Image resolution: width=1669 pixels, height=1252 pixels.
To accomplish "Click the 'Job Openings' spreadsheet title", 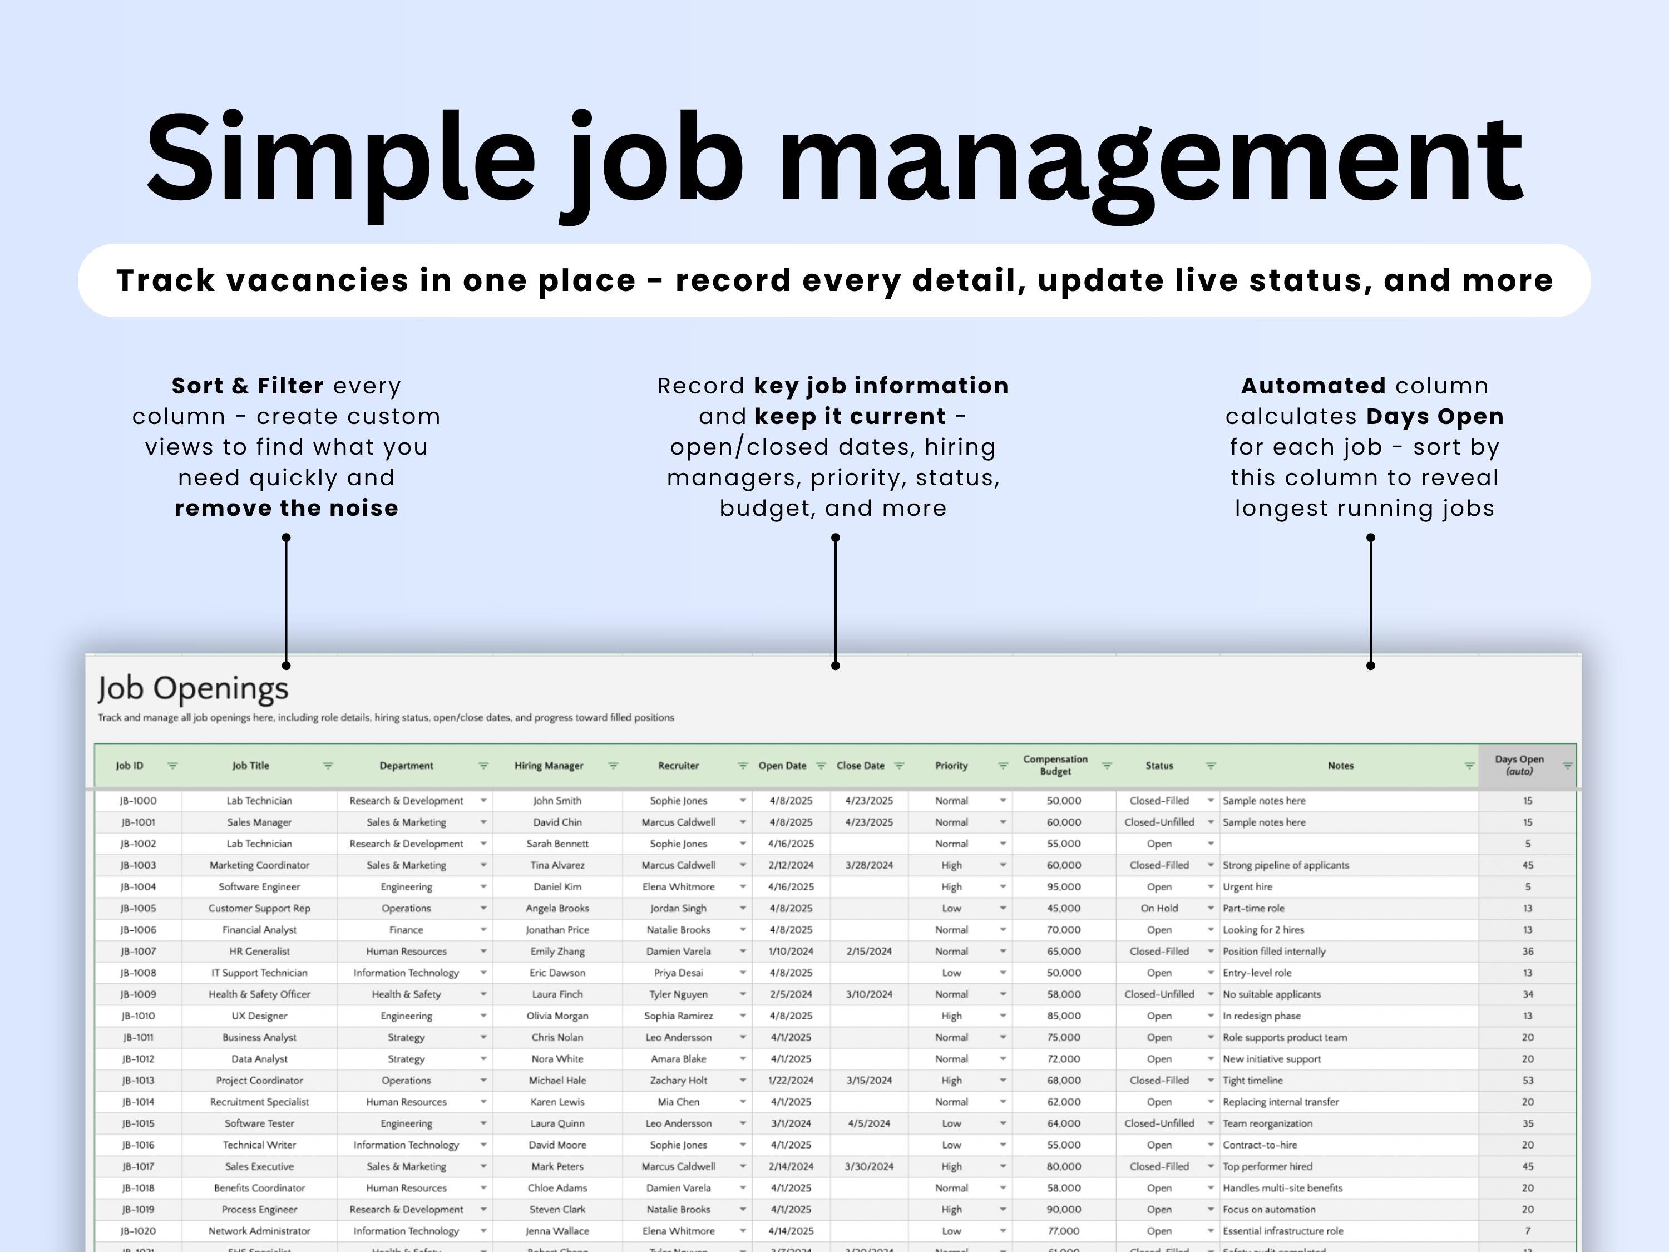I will [192, 688].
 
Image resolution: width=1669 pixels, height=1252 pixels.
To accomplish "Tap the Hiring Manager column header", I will [549, 765].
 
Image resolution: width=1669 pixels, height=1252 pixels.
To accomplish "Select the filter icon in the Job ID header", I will [173, 765].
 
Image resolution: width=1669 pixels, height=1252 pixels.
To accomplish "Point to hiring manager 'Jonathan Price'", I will [557, 930].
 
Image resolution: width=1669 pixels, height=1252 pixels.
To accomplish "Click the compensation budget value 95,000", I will [1063, 887].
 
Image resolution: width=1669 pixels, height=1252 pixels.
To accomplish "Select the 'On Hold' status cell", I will [1158, 908].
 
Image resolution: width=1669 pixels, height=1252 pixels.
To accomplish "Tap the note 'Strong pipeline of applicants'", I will [1285, 865].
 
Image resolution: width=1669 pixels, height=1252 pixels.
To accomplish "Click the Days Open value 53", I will [1527, 1080].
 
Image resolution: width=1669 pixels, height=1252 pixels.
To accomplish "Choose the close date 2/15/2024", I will [868, 951].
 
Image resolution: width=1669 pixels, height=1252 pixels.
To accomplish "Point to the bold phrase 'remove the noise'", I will [286, 508].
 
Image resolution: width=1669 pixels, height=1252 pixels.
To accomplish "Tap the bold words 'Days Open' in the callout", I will [1434, 417].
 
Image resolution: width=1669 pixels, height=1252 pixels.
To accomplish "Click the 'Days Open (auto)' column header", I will [1519, 765].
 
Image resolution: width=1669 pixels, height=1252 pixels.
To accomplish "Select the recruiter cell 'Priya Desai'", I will [678, 973].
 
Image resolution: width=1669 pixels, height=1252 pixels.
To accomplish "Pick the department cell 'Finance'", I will [406, 930].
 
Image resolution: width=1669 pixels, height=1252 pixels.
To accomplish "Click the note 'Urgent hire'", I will [1247, 887].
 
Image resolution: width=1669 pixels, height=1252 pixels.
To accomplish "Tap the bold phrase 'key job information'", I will [881, 386].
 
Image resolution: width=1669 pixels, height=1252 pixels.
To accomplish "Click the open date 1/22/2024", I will [790, 1080].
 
